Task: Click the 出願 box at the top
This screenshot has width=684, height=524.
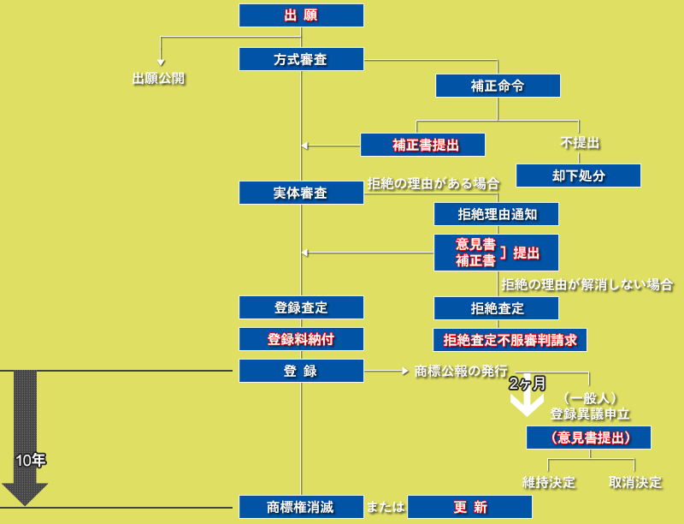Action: pyautogui.click(x=301, y=15)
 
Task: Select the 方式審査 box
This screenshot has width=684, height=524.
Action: pyautogui.click(x=301, y=59)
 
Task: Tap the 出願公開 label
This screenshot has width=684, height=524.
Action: pyautogui.click(x=159, y=79)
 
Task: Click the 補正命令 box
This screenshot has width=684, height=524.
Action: pyautogui.click(x=498, y=86)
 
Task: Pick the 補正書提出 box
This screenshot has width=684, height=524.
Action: pyautogui.click(x=422, y=145)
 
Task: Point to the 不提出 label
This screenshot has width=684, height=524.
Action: pyautogui.click(x=580, y=142)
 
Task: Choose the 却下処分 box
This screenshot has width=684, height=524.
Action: pyautogui.click(x=578, y=176)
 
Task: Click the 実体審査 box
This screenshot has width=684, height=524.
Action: pyautogui.click(x=301, y=193)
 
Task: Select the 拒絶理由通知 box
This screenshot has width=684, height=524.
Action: pyautogui.click(x=496, y=213)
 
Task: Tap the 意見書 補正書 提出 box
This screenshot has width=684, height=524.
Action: pyautogui.click(x=496, y=253)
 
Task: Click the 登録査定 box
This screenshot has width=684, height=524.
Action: pyautogui.click(x=301, y=307)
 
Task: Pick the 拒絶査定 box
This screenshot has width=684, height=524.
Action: pyautogui.click(x=496, y=307)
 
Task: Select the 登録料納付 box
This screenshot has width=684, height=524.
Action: pyautogui.click(x=301, y=339)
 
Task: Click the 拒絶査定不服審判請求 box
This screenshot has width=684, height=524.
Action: pyautogui.click(x=510, y=340)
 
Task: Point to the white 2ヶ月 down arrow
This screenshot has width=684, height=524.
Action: pyautogui.click(x=527, y=401)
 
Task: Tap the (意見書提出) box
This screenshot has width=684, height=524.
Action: pyautogui.click(x=589, y=438)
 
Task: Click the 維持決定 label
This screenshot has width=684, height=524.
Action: pyautogui.click(x=549, y=482)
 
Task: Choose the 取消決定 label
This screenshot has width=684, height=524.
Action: pyautogui.click(x=635, y=482)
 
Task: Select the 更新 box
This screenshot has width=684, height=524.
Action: pyautogui.click(x=469, y=507)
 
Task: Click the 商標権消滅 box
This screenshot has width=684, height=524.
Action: pyautogui.click(x=301, y=507)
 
